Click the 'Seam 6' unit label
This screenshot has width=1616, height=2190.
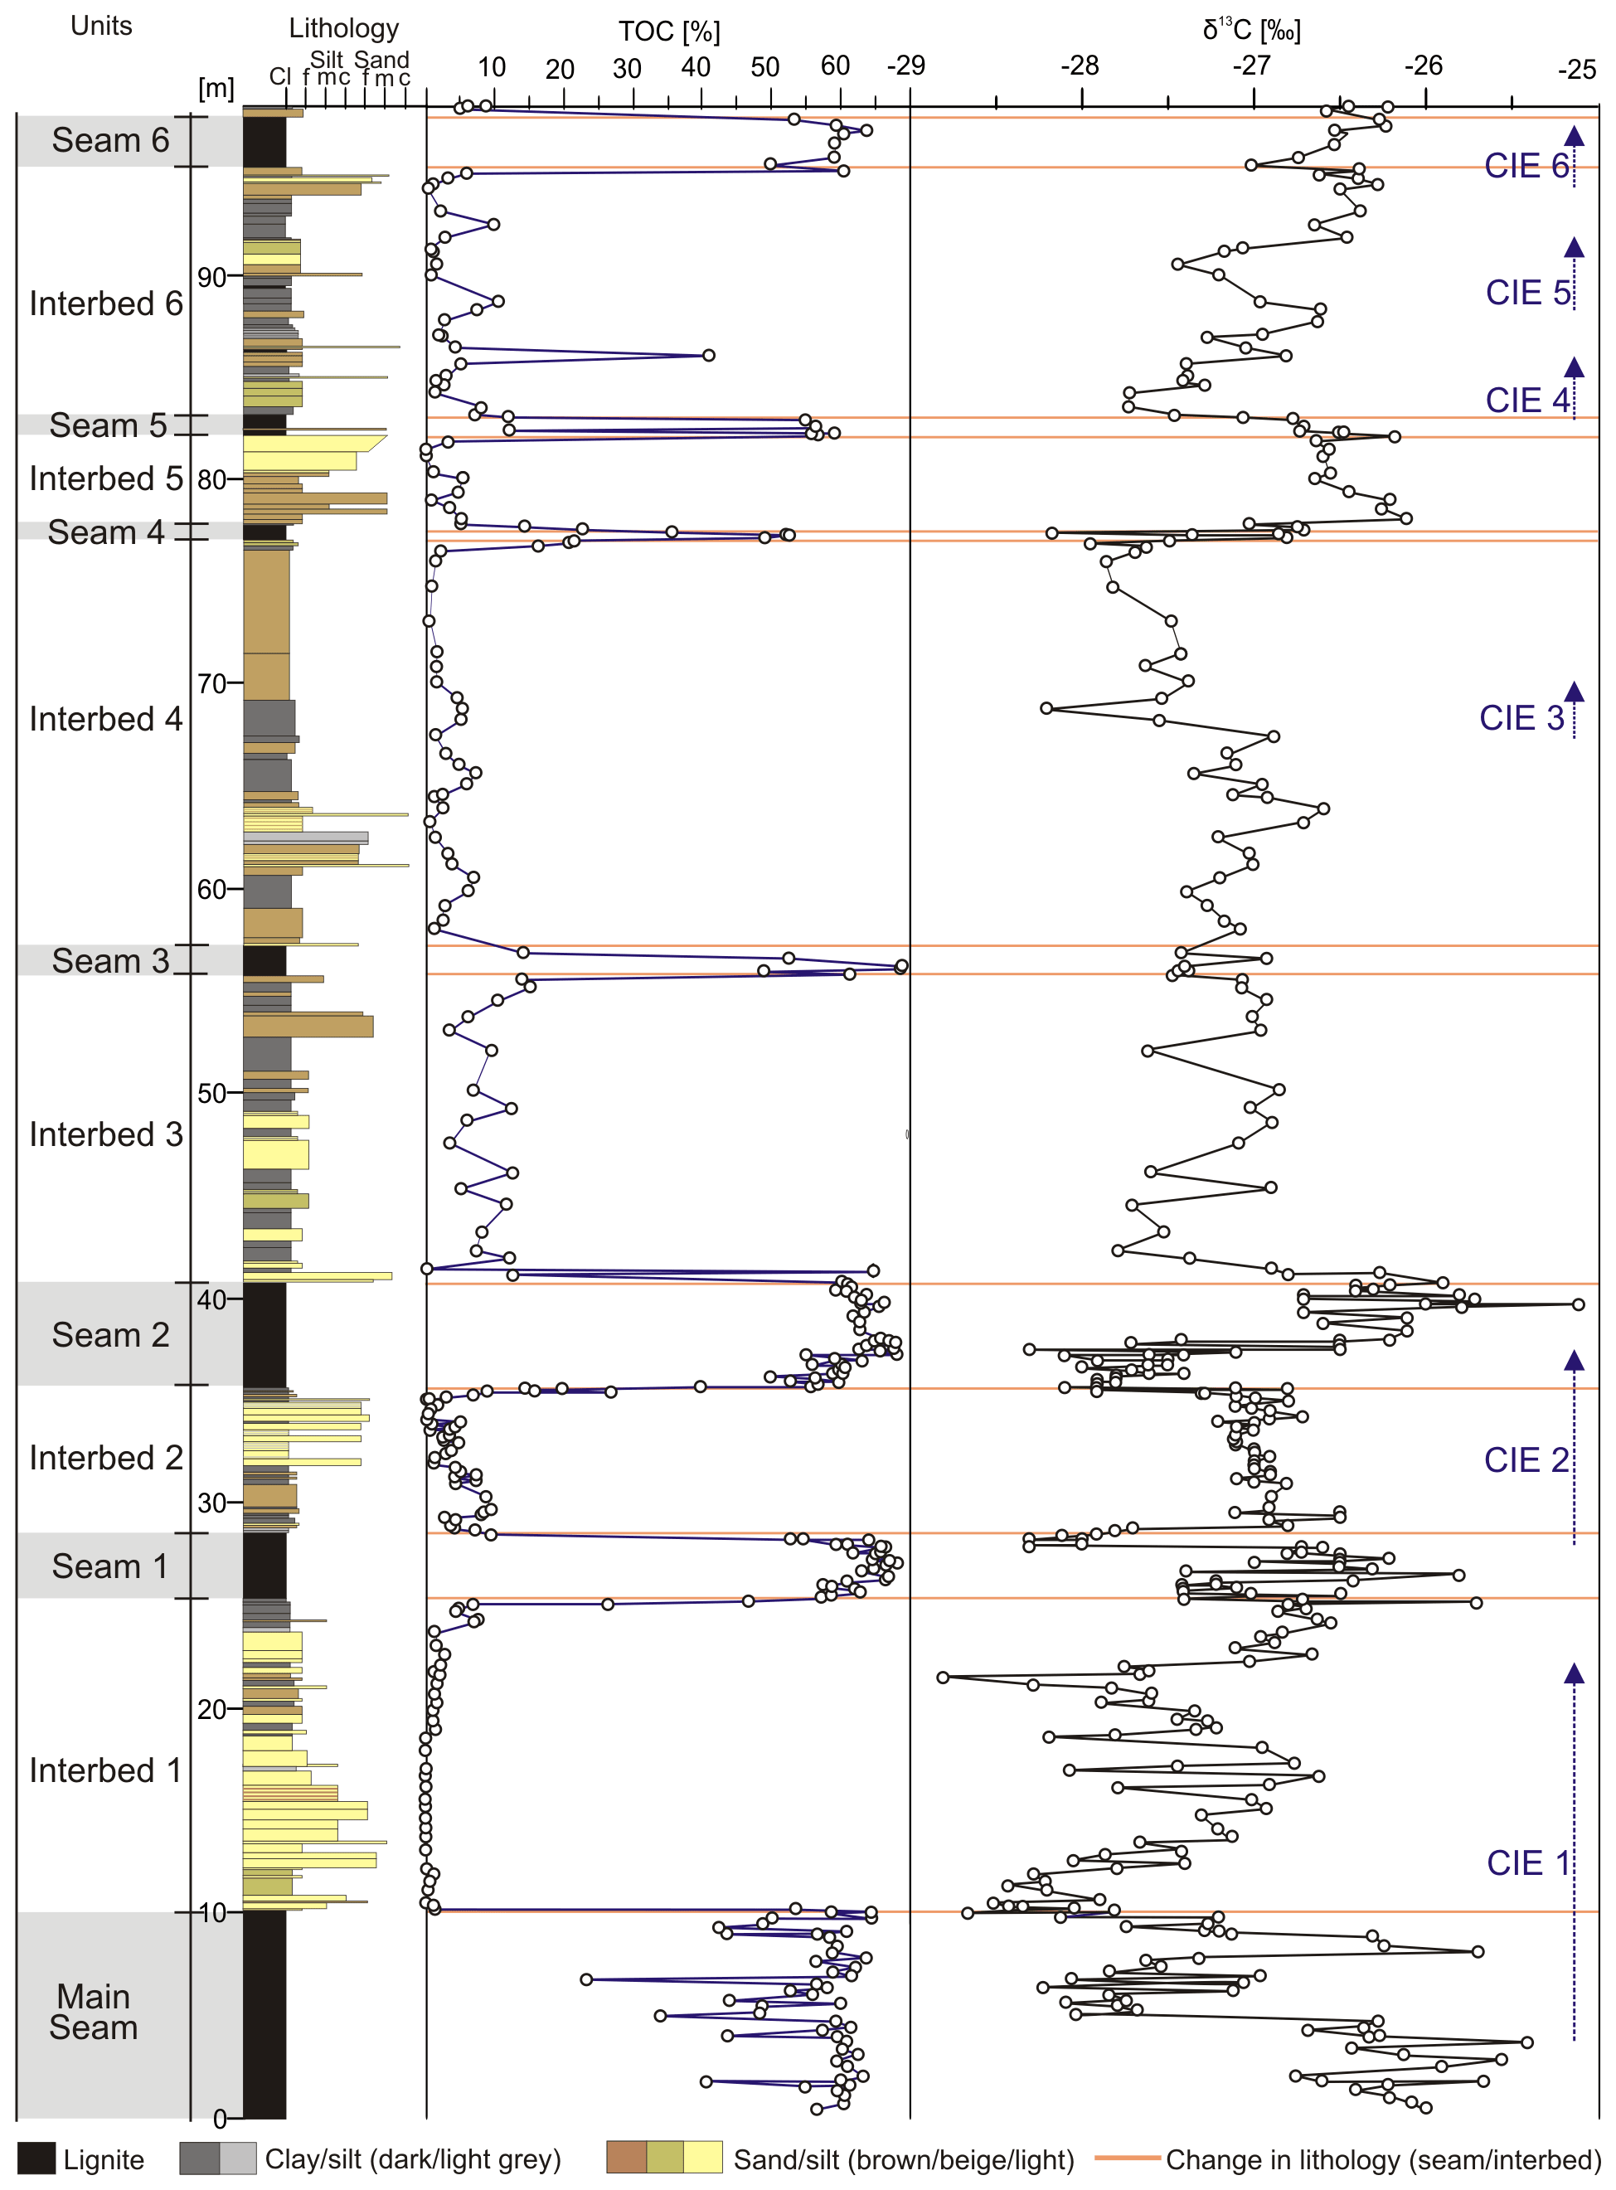(x=109, y=141)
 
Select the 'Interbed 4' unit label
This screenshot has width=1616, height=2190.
(x=105, y=719)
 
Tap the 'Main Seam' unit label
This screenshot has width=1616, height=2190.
(x=93, y=2011)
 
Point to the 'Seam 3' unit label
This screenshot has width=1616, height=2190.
(x=109, y=960)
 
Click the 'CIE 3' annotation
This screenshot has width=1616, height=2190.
(x=1521, y=718)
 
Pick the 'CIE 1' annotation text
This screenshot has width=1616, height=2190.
(x=1528, y=1862)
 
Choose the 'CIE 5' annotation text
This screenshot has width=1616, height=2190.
(x=1528, y=293)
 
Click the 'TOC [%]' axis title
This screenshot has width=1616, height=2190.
(x=669, y=32)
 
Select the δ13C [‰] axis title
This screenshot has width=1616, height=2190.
(x=1251, y=29)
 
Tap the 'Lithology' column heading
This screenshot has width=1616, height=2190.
(x=343, y=28)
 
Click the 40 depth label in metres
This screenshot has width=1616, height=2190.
(x=212, y=1299)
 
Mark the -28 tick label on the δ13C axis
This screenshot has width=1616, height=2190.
(x=1079, y=66)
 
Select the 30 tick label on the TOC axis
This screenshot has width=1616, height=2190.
(x=627, y=69)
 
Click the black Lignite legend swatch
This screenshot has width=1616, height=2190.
(x=36, y=2158)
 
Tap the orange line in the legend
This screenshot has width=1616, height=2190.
(x=1127, y=2157)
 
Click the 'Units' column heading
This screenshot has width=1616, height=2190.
(x=101, y=26)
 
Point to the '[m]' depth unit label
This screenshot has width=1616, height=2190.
(x=216, y=88)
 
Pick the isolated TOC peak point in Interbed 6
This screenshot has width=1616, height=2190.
(x=708, y=355)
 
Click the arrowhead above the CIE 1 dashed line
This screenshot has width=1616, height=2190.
(x=1573, y=1673)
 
